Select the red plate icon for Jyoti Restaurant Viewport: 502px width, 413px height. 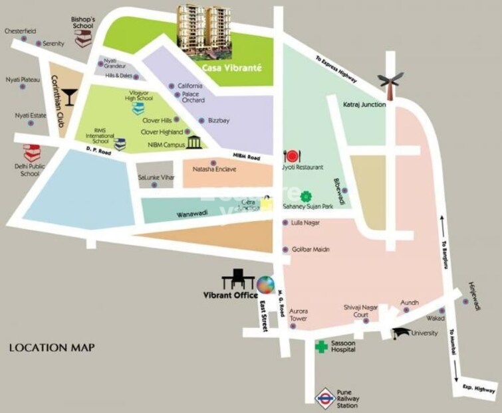pos(291,156)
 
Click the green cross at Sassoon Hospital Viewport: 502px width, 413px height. pos(320,346)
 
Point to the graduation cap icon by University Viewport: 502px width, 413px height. pos(400,333)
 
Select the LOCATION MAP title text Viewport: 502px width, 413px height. pos(52,347)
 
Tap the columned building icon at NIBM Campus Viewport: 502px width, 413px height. pos(193,143)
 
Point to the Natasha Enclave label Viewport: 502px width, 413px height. pos(214,169)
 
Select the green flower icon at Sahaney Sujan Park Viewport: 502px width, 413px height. pos(306,196)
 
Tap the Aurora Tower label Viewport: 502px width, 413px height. pos(298,314)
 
